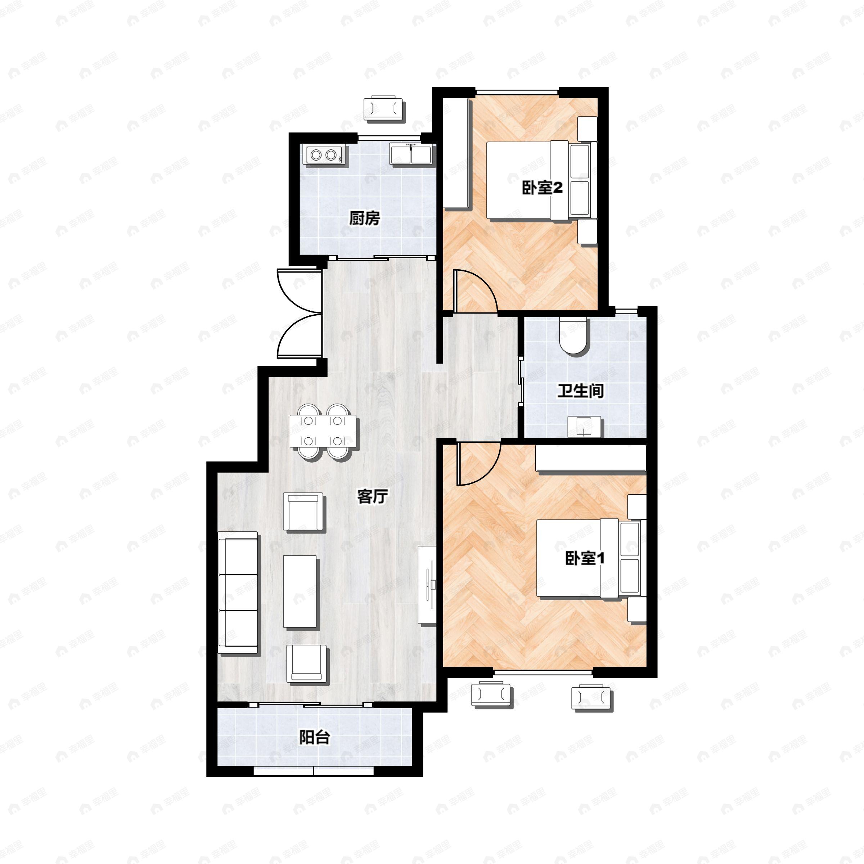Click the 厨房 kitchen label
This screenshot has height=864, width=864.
click(x=364, y=218)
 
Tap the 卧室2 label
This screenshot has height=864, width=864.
click(x=542, y=188)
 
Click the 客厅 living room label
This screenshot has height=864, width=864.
click(x=373, y=496)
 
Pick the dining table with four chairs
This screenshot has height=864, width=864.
click(x=323, y=431)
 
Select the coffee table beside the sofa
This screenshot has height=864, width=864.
click(x=300, y=591)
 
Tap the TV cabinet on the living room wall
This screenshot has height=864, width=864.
click(x=428, y=585)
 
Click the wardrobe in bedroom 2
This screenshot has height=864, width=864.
click(x=456, y=153)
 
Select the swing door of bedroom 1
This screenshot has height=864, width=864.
click(x=478, y=463)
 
